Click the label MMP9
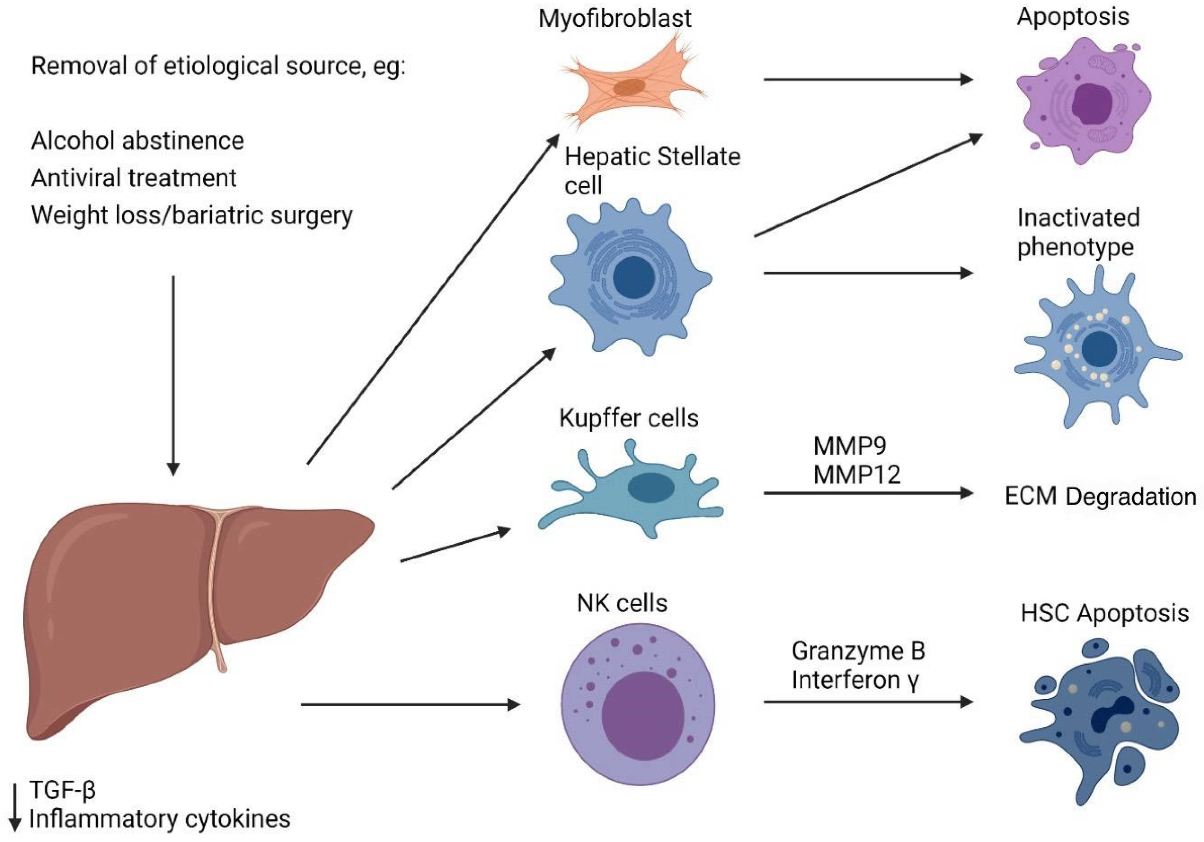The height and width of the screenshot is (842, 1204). tap(850, 446)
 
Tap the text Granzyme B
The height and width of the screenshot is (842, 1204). tap(858, 651)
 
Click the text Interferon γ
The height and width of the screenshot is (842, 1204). tap(855, 680)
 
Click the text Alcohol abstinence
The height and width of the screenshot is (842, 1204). tap(137, 141)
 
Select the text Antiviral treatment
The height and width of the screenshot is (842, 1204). tap(134, 178)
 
